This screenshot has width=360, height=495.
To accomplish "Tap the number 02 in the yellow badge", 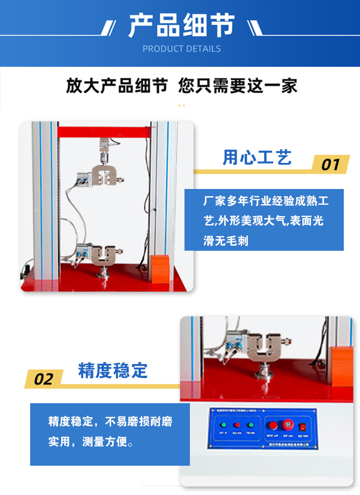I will coord(44,379).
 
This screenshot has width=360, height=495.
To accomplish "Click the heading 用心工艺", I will coord(257,157).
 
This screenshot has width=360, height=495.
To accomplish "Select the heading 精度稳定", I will coord(113,371).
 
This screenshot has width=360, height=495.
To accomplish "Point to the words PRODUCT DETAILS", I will coord(181,49).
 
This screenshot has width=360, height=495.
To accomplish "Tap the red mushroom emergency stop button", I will coord(287,425).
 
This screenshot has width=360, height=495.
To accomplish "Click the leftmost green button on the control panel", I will coord(222,425).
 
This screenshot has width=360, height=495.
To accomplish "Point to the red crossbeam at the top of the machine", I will coord(103,132).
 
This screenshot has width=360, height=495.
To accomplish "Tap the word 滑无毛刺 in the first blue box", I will coord(225,241).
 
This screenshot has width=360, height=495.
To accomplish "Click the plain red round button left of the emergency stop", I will coord(271,425).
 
